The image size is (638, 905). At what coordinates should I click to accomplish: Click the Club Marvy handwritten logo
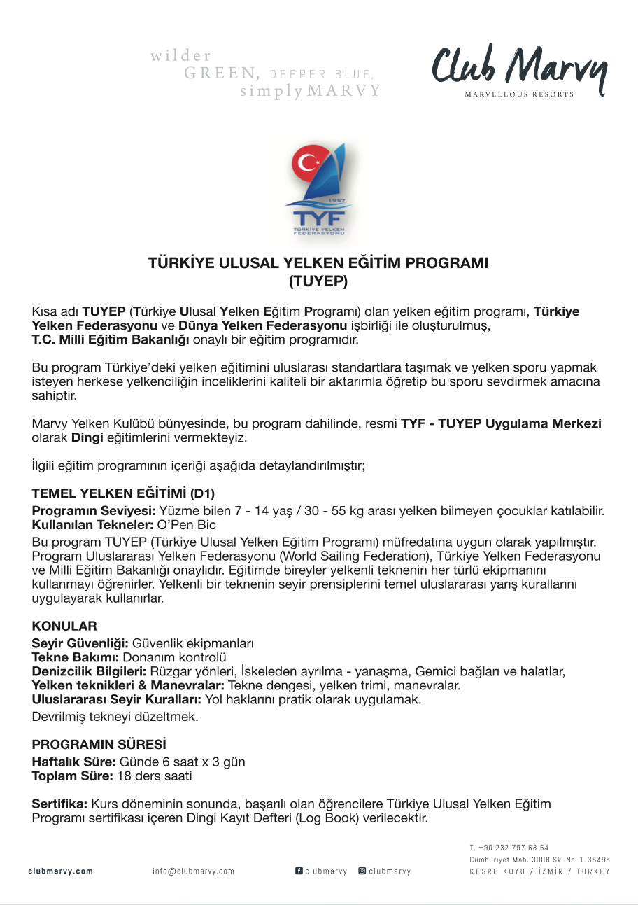518,67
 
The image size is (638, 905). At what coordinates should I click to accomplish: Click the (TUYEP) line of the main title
318,281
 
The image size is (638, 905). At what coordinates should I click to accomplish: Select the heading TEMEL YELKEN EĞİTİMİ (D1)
123,493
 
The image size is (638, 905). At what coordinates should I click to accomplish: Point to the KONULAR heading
64,626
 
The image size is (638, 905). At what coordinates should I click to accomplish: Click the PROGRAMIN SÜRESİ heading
99,744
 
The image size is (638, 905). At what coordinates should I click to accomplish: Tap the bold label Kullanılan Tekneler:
83,524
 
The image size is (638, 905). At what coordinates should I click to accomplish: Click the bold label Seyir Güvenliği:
80,643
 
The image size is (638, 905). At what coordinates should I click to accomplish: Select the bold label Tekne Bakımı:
76,657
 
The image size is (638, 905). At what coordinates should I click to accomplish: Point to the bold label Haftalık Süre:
74,762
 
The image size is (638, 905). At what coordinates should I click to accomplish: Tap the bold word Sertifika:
59,804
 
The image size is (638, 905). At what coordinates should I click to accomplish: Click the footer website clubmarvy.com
60,871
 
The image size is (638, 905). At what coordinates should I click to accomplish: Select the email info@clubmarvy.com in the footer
193,871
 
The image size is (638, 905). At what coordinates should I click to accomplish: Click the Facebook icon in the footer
299,871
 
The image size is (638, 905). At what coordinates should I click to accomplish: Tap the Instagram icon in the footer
362,871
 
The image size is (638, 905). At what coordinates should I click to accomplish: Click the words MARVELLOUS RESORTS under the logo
519,94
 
